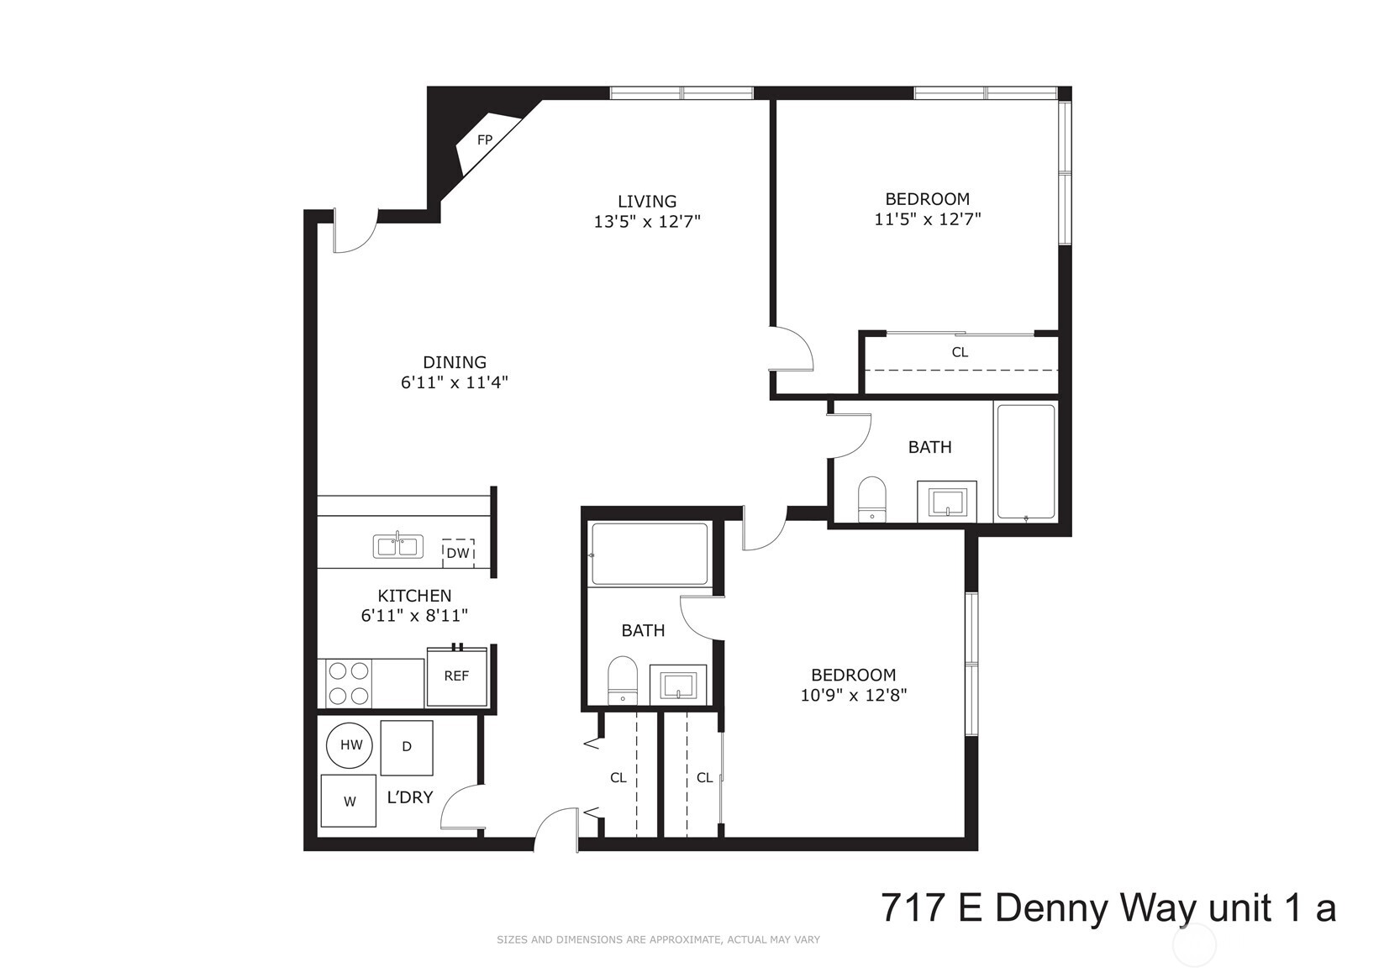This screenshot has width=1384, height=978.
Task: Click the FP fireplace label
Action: [x=484, y=140]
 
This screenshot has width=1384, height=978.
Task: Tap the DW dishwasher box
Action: [x=458, y=553]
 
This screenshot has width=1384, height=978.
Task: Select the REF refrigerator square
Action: [x=456, y=676]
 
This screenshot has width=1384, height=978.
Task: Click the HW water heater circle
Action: [x=351, y=745]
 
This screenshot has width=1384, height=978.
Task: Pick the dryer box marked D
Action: [x=407, y=747]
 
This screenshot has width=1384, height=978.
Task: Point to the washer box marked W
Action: [x=349, y=802]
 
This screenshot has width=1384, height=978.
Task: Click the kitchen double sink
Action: [x=397, y=547]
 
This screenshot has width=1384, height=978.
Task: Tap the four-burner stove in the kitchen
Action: [x=349, y=683]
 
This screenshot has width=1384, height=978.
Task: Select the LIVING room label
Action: [x=646, y=202]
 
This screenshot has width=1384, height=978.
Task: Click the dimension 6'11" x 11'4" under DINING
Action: [x=455, y=383]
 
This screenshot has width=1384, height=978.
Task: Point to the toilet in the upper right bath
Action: [x=872, y=499]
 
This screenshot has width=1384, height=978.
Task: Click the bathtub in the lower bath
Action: [x=650, y=554]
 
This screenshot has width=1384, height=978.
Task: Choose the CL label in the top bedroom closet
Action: [x=960, y=353]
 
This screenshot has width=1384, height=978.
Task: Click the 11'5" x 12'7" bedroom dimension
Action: [x=928, y=220]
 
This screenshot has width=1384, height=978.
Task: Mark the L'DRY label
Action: [x=409, y=797]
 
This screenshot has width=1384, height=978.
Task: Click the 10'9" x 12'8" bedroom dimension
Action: [x=853, y=696]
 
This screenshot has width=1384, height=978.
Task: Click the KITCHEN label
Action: [x=414, y=596]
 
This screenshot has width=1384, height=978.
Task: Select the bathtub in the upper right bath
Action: [x=1025, y=461]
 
